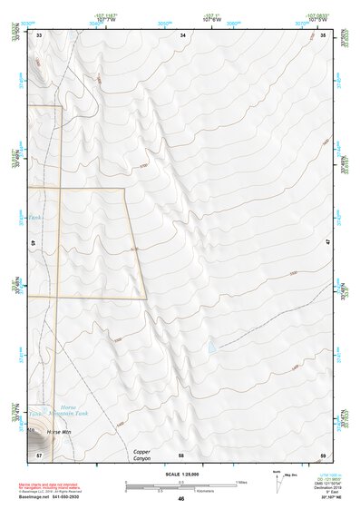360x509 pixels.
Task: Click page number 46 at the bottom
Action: point(180,499)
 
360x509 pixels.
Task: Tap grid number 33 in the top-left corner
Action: point(39,34)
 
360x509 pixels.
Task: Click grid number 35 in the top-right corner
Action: point(324,34)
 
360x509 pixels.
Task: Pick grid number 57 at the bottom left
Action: point(39,454)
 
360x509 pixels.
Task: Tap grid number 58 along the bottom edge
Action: point(181,454)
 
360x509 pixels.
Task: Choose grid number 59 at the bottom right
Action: point(324,454)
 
